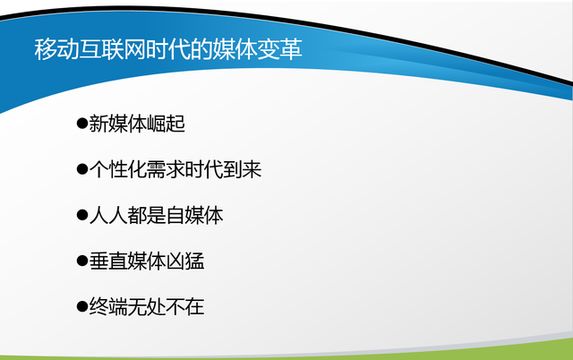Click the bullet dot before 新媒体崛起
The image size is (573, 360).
pos(82,124)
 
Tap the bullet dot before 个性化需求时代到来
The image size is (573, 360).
pos(82,169)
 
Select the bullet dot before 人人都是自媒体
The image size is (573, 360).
pos(82,215)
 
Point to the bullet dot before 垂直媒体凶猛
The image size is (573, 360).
pos(82,261)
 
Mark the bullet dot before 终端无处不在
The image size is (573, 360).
pos(82,306)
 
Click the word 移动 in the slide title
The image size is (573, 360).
pos(56,49)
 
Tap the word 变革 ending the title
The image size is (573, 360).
pos(279,49)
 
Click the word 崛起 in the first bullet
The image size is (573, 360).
pos(166,124)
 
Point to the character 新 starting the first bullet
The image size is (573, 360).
pos(98,124)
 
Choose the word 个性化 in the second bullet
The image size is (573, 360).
pos(117,169)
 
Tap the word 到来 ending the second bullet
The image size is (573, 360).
pos(243,169)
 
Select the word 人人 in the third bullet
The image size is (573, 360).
pos(108,215)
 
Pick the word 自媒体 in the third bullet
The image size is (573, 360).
pos(194,215)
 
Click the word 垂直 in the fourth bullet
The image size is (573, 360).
pos(108,261)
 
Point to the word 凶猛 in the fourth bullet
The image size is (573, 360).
pos(185,261)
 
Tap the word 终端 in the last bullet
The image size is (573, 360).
pos(108,306)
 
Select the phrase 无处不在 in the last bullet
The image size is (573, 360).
pos(166,306)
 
